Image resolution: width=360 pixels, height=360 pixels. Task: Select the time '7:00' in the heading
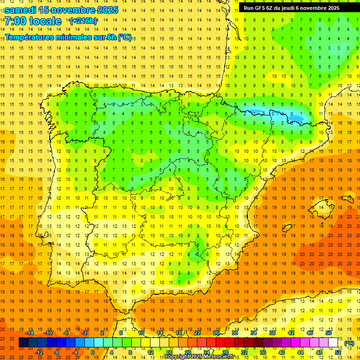point(15,21)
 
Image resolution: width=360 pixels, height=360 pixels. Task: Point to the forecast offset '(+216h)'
point(83,21)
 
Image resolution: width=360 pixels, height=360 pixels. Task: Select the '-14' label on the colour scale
point(30,333)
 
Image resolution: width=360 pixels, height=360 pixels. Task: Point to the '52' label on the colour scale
point(338,352)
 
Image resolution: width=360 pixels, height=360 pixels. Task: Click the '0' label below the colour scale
point(93,352)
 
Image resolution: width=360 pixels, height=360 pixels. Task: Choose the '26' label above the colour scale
point(216,333)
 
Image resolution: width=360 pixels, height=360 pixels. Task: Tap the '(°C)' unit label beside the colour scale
point(349,343)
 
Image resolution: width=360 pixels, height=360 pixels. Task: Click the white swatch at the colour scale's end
point(333,343)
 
